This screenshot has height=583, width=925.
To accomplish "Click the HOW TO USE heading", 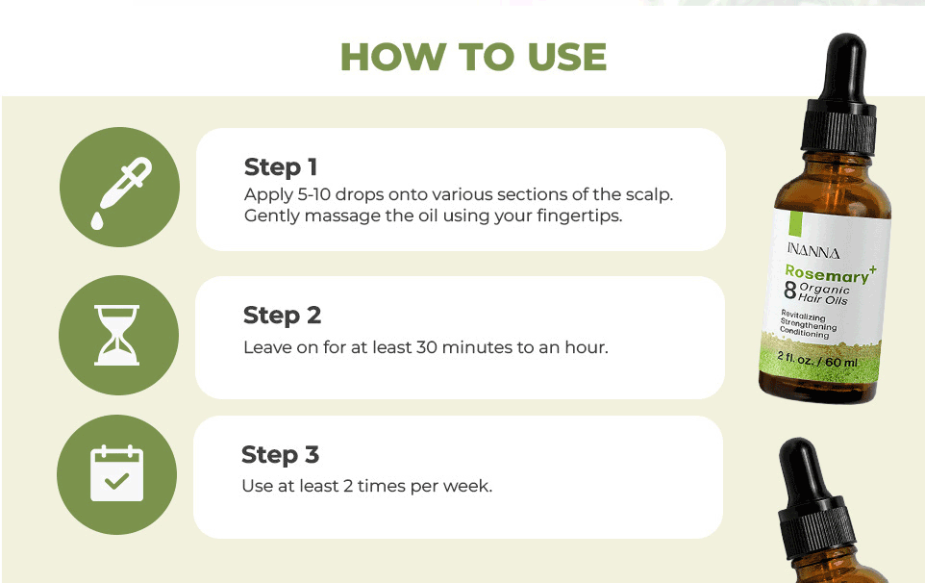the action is tap(473, 57).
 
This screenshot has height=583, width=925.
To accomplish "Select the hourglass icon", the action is tap(116, 335).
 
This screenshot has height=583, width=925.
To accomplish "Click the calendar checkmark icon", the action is tap(116, 473).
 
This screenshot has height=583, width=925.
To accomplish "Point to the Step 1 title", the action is tap(281, 167).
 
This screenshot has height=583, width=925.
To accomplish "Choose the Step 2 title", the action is tap(282, 316).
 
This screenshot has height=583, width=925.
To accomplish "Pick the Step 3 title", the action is tap(280, 455).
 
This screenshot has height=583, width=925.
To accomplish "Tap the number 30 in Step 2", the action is tap(427, 347).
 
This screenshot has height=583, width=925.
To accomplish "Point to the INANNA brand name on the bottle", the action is tap(812, 251).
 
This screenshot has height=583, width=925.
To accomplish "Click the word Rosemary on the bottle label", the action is tap(827, 274).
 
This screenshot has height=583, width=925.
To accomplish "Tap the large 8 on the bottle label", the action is tap(790, 290).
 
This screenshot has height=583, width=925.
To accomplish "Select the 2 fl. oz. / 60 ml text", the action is tap(817, 360).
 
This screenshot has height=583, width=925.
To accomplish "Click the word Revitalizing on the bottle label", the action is tap(803, 316).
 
